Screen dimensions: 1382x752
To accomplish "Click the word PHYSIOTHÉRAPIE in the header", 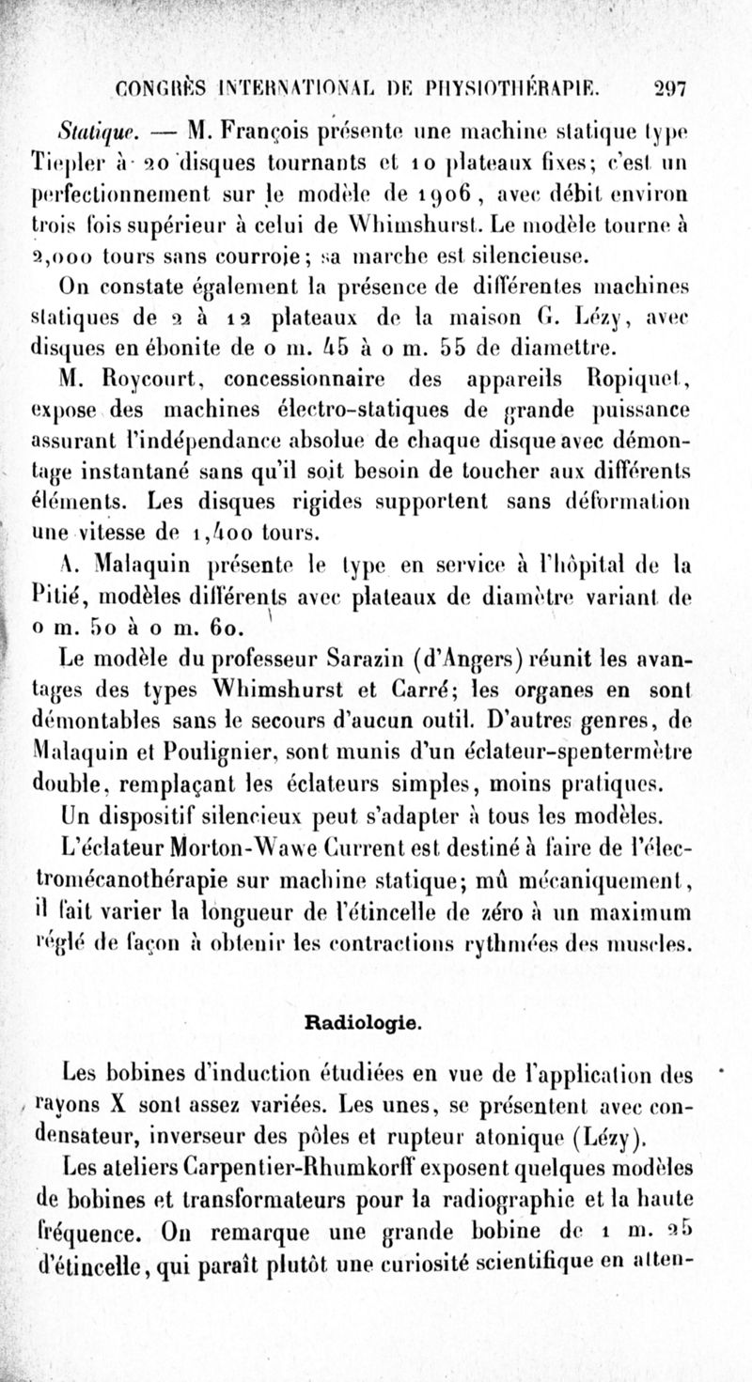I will click(541, 88).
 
